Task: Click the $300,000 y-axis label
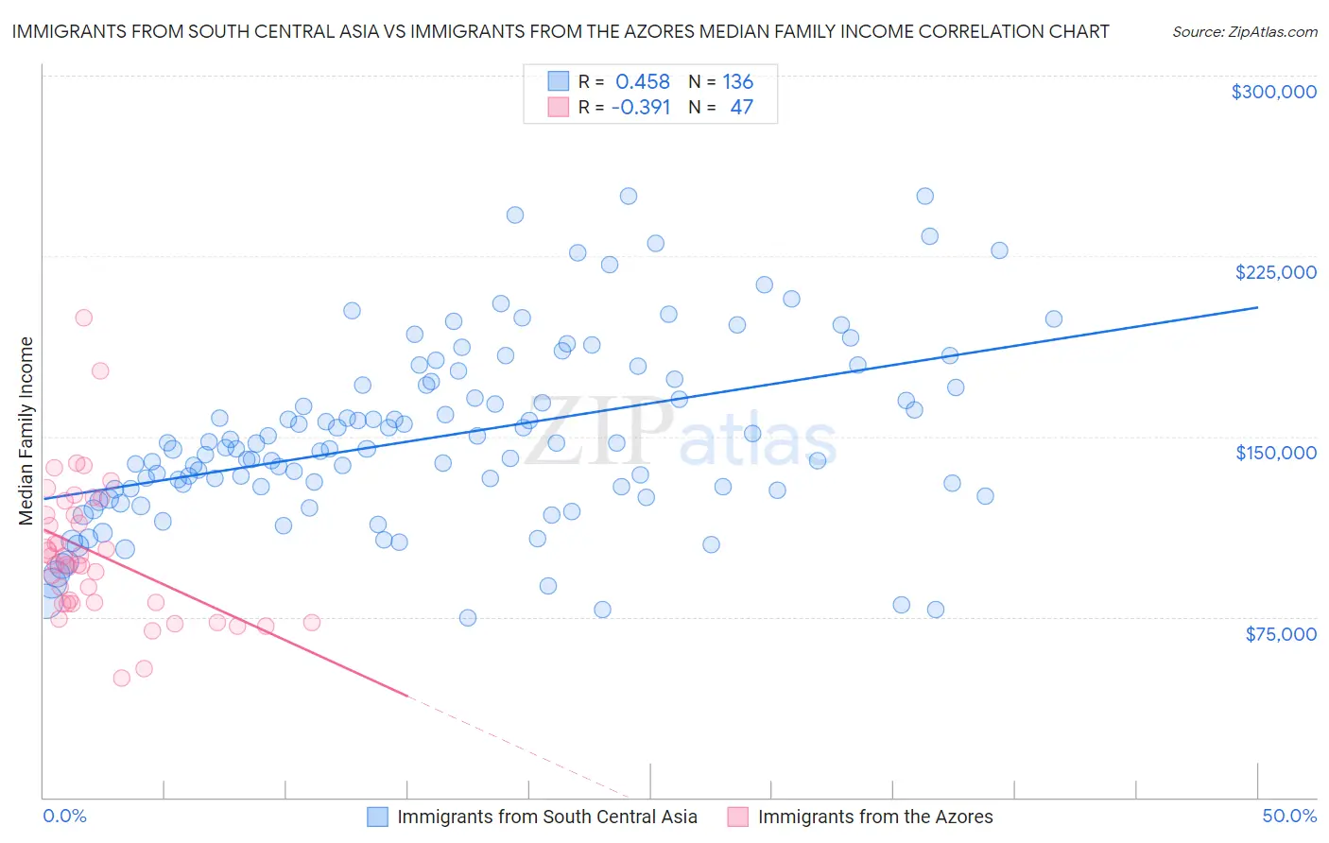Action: pyautogui.click(x=1273, y=92)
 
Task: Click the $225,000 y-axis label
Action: pyautogui.click(x=1275, y=272)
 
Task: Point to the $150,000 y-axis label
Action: pyautogui.click(x=1275, y=453)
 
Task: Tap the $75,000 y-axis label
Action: pyautogui.click(x=1280, y=634)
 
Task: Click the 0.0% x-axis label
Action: pyautogui.click(x=64, y=816)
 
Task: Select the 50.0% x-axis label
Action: pyautogui.click(x=1289, y=816)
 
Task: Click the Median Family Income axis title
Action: pyautogui.click(x=26, y=431)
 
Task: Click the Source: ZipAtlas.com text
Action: pyautogui.click(x=1244, y=32)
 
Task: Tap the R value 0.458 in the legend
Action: pyautogui.click(x=642, y=82)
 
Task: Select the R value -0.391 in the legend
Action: pyautogui.click(x=640, y=108)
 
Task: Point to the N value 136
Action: pyautogui.click(x=737, y=82)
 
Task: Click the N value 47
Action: pyautogui.click(x=741, y=108)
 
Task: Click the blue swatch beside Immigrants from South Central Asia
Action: pyautogui.click(x=377, y=817)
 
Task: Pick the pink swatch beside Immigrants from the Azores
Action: pyautogui.click(x=737, y=817)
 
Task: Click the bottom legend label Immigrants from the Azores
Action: pyautogui.click(x=874, y=817)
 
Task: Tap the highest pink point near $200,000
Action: pyautogui.click(x=83, y=318)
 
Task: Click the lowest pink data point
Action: pyautogui.click(x=121, y=678)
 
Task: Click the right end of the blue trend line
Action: pyautogui.click(x=1257, y=307)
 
